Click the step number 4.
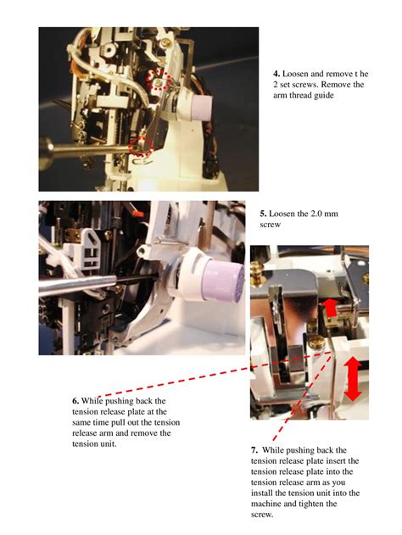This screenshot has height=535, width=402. [276, 74]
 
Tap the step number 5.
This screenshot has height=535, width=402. [263, 214]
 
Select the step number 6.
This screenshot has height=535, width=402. [75, 401]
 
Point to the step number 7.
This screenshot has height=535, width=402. [254, 450]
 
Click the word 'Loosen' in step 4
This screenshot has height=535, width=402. [295, 74]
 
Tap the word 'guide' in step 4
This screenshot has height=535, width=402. [323, 96]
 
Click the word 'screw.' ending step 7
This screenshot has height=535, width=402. [262, 514]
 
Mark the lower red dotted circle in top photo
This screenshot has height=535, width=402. [141, 147]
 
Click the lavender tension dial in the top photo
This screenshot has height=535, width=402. [199, 108]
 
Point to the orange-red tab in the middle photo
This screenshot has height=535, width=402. [138, 214]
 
